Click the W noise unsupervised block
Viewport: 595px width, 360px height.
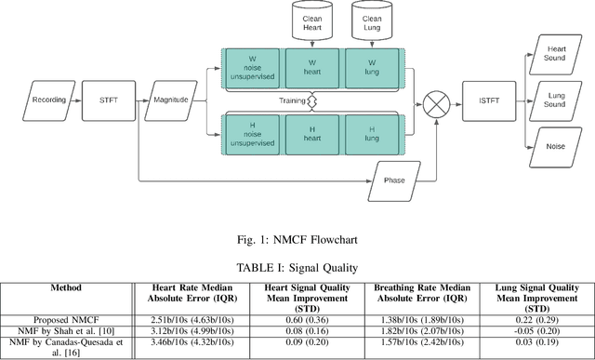[x=251, y=68]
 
